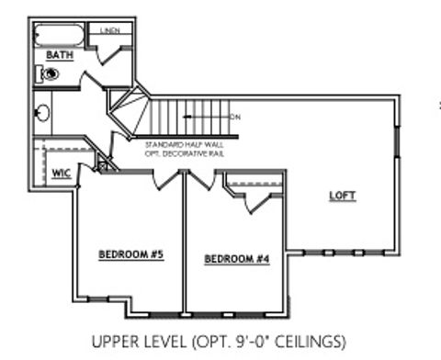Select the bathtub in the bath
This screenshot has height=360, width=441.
point(59,36)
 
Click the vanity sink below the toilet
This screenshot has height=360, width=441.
point(41,114)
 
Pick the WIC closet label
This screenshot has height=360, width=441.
point(62,172)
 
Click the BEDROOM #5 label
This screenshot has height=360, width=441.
point(131,253)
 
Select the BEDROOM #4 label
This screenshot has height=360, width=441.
point(237,258)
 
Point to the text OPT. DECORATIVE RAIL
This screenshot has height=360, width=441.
point(185,153)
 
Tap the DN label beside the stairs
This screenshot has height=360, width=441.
point(235,117)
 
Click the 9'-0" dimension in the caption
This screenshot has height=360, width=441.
point(249,342)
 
